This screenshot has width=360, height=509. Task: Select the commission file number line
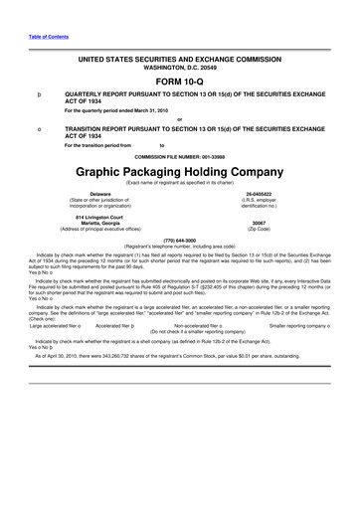point(179,157)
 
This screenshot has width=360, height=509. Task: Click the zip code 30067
point(260,223)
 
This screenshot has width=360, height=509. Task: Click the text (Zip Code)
point(260,229)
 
